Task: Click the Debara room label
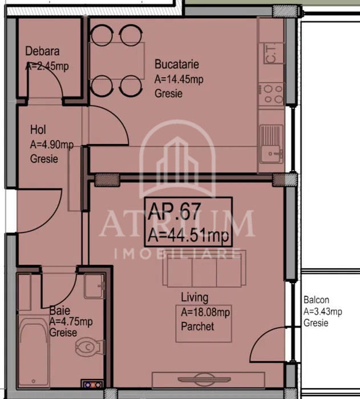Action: coord(42,51)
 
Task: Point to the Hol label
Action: coord(38,130)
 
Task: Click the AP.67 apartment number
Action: coord(174,214)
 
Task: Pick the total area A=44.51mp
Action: coord(188,235)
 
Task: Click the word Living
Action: coord(195,297)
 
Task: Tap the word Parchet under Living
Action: coord(197,327)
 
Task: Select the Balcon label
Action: coord(316,300)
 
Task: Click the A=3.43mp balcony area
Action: coord(322,311)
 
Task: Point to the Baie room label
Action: coord(60,311)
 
